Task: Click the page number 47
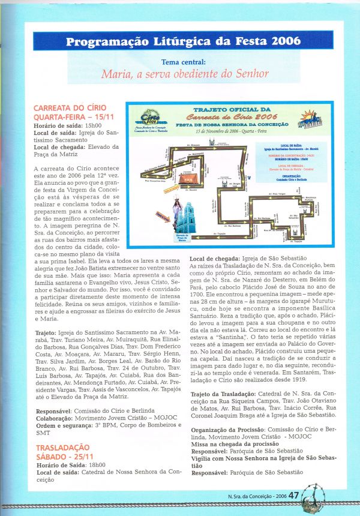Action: (x=294, y=496)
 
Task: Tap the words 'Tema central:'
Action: (x=184, y=62)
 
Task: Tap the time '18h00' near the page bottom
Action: (x=96, y=465)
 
